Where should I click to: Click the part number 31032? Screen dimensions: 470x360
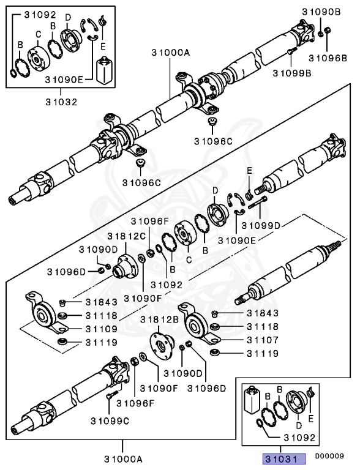(59, 102)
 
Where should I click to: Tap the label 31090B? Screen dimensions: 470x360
(321, 12)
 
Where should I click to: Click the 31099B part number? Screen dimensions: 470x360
(291, 73)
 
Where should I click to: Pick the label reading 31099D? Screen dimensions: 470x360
(260, 226)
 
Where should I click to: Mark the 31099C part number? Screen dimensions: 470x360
(110, 420)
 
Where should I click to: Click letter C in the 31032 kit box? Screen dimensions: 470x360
(39, 35)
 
